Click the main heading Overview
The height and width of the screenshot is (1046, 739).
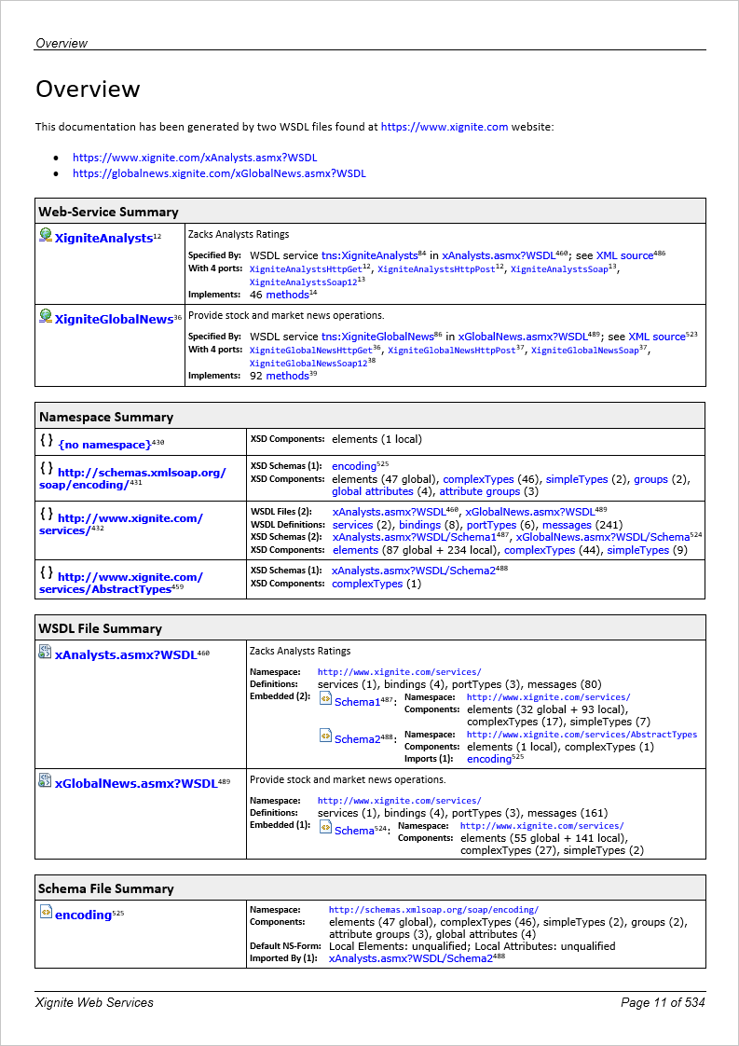coord(88,89)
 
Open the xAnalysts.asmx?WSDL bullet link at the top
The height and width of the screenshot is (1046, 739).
coord(195,158)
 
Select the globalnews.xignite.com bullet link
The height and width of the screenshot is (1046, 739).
coord(219,173)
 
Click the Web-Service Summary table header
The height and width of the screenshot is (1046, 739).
coord(108,212)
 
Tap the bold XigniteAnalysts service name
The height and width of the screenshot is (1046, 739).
coord(103,239)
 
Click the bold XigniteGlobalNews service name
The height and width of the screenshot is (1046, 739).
coord(114,319)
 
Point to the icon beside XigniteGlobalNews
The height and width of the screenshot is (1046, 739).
coord(45,317)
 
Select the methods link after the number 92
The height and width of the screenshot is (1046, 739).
coord(287,376)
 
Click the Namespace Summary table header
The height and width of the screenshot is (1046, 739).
coord(105,417)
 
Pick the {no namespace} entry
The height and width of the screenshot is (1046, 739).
coord(104,446)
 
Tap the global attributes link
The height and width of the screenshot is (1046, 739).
coord(372,491)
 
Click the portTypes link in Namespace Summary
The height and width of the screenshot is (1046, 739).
coord(491,525)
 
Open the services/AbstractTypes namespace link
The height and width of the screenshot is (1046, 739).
coord(120,583)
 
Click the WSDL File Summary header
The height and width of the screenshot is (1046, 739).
coord(100,628)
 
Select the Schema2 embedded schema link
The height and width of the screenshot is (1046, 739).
coord(357,739)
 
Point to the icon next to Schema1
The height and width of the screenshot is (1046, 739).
coord(325,700)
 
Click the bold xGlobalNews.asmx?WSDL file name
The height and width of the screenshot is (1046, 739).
coord(135,783)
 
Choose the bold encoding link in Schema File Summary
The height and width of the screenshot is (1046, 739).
coord(83,915)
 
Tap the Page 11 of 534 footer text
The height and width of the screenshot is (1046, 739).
coord(663,1002)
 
